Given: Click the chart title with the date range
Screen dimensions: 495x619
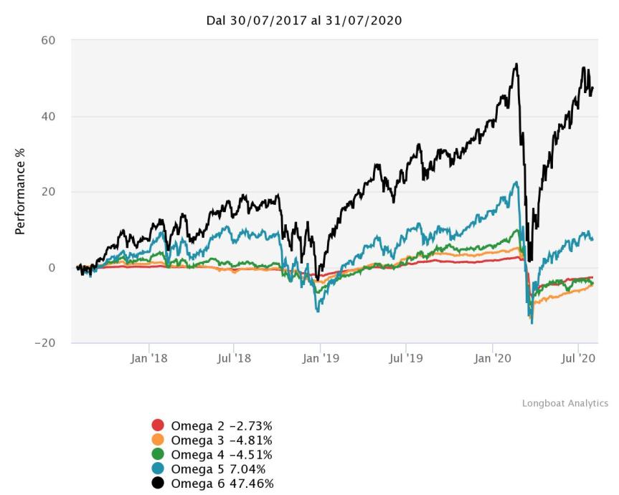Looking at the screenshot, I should [303, 21].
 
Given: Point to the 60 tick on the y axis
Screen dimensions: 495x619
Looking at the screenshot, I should [48, 41].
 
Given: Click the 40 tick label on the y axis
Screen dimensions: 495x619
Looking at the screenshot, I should [48, 116].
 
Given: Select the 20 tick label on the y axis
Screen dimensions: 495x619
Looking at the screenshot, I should [48, 192].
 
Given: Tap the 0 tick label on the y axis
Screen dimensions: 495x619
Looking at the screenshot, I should [51, 268].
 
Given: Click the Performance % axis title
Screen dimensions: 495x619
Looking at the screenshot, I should [20, 192].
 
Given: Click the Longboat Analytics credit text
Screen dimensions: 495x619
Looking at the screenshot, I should [564, 403].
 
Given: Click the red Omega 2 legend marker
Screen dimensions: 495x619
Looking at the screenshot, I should [159, 426].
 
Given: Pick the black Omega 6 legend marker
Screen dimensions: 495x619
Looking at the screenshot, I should [159, 484].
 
